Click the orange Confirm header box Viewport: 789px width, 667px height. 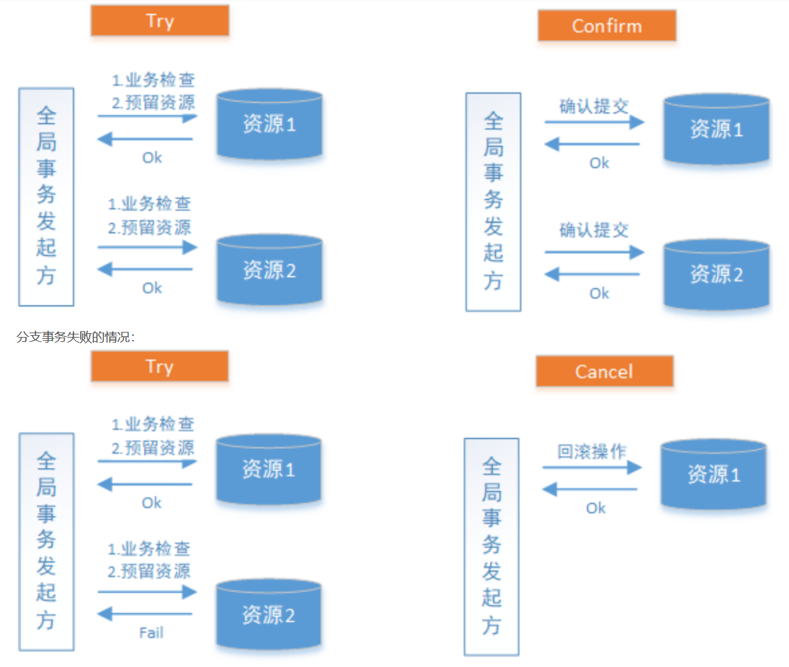(607, 26)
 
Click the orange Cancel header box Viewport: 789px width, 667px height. (604, 372)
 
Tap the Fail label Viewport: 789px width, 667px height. (151, 632)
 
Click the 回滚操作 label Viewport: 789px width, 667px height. (591, 451)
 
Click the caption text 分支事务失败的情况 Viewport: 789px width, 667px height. (76, 337)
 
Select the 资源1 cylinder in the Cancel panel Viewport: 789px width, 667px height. (713, 474)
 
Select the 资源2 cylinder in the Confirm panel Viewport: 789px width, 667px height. (716, 274)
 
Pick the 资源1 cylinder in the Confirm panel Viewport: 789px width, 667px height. (716, 130)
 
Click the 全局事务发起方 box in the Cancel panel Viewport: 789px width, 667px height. (491, 546)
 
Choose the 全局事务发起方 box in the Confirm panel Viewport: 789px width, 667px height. (493, 202)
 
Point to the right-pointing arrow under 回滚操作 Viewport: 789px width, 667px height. (591, 467)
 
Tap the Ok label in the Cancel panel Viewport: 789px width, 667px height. (596, 508)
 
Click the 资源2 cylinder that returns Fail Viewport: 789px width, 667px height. (269, 614)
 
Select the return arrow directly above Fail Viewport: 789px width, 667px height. (145, 614)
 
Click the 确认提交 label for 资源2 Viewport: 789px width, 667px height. (594, 230)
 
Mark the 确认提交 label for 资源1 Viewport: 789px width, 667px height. (594, 106)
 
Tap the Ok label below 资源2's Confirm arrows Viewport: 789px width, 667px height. (599, 293)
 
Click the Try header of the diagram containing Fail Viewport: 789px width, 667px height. (159, 367)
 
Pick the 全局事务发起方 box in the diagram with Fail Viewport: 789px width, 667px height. (46, 541)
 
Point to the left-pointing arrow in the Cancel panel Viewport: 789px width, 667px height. (590, 489)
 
